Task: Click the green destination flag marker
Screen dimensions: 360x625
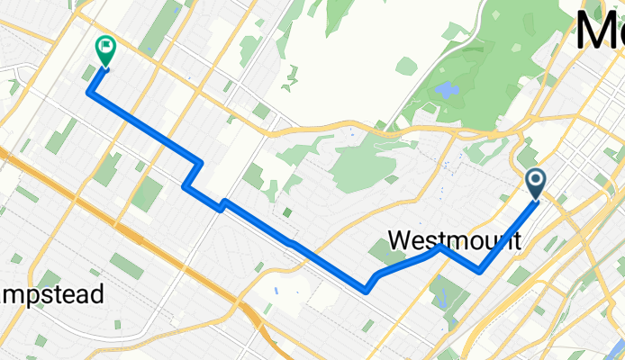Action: [105, 48]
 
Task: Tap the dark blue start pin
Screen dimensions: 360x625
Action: [535, 184]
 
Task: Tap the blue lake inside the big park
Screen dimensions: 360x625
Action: [446, 90]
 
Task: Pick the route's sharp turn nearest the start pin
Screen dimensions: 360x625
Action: [480, 270]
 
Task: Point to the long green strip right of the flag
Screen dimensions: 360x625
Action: [159, 31]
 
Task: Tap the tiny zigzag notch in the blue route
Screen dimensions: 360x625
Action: [221, 205]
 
